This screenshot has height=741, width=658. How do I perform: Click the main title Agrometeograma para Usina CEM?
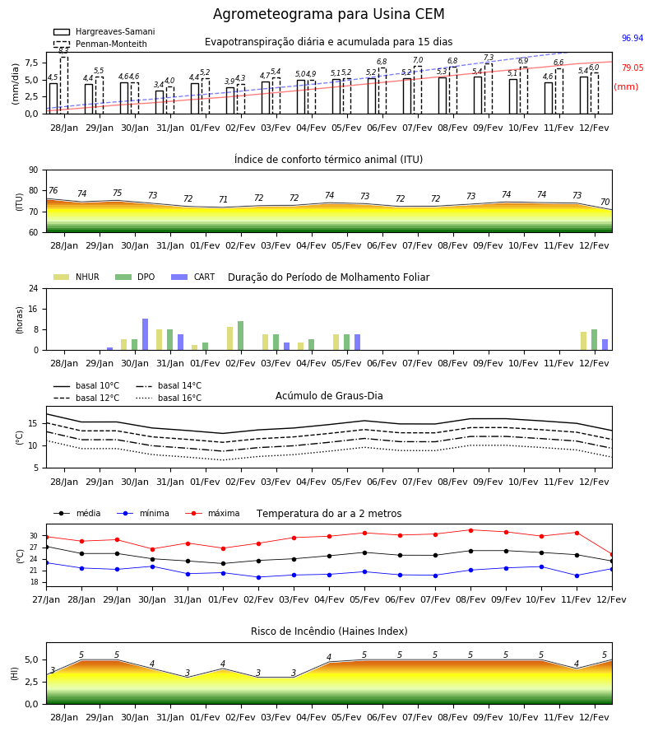point(328,14)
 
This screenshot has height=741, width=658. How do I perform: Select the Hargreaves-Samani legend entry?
point(104,31)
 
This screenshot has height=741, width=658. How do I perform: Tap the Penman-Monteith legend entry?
point(100,44)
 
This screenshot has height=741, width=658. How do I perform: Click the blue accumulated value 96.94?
point(633,38)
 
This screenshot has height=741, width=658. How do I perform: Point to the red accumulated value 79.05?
point(633,68)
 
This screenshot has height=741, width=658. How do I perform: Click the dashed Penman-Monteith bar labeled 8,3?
point(64,85)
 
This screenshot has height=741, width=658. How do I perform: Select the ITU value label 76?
point(53,190)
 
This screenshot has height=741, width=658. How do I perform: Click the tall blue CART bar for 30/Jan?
point(145,334)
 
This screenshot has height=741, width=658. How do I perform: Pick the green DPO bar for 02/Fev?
point(241,336)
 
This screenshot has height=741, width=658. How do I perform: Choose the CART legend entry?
point(193,277)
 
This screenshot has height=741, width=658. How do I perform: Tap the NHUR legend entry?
point(76,277)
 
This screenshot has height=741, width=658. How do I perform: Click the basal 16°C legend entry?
point(169,398)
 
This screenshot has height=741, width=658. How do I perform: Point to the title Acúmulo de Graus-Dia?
point(329,396)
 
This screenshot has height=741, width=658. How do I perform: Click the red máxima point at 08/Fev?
point(470,530)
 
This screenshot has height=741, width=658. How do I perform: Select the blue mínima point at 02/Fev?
point(258,577)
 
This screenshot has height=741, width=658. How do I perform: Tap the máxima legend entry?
point(212,513)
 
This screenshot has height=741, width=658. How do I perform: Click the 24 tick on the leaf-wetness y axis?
point(34,288)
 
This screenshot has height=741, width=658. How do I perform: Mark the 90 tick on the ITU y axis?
point(34,170)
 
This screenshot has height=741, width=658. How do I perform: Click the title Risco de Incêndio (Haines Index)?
point(329,631)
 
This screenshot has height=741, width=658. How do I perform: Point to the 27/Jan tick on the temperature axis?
point(46,599)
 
